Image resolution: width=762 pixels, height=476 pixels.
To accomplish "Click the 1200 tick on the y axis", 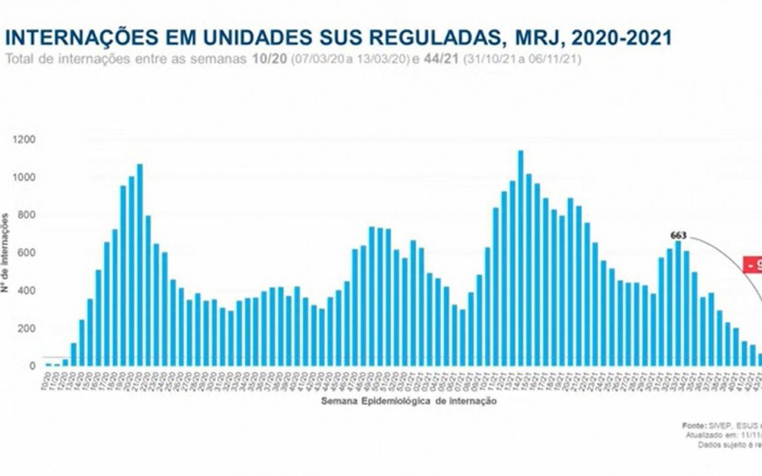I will (x=25, y=139).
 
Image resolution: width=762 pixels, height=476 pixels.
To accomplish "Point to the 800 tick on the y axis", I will (x=27, y=215).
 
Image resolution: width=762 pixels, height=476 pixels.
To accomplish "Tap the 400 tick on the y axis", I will (x=27, y=291).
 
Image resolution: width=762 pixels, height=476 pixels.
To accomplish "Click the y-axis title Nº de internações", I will (x=6, y=253).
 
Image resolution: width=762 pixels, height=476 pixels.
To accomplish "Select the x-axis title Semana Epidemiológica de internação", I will (x=408, y=401).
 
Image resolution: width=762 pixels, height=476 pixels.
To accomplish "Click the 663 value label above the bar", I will (x=678, y=235).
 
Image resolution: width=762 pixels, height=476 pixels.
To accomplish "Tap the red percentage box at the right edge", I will (x=752, y=265).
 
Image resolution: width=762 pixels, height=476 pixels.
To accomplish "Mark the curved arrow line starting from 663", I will (x=730, y=254).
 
